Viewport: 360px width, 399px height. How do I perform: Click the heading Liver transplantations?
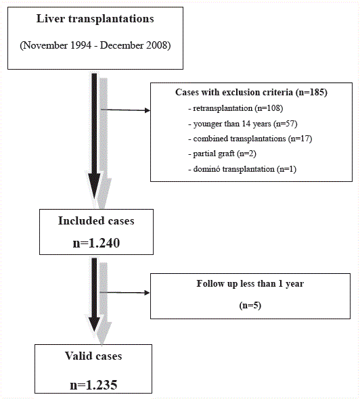(95, 19)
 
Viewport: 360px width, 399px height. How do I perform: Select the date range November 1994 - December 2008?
(95, 45)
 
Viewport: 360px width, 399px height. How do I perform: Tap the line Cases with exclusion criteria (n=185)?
(251, 92)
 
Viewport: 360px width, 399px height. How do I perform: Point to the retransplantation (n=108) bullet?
(235, 108)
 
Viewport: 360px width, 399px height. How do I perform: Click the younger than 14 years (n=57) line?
(243, 124)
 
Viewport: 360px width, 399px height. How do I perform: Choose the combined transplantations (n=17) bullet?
(250, 139)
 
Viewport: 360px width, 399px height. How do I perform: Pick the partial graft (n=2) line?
(222, 154)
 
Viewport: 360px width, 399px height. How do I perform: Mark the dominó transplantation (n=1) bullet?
(242, 169)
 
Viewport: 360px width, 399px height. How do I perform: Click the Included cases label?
(96, 220)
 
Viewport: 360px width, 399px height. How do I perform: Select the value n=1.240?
(96, 243)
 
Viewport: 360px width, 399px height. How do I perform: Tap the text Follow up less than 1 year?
(250, 283)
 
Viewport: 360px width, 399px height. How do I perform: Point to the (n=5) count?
(250, 305)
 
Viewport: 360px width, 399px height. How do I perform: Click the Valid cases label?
(93, 356)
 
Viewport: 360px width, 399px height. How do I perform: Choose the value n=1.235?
(93, 385)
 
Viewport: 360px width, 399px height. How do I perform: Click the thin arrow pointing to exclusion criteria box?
(125, 110)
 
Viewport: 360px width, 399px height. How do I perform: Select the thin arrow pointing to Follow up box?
(125, 293)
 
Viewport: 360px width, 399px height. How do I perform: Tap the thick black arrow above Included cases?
(94, 136)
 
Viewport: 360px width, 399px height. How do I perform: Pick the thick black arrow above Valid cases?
(94, 295)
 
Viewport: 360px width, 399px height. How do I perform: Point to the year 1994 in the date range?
(81, 45)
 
